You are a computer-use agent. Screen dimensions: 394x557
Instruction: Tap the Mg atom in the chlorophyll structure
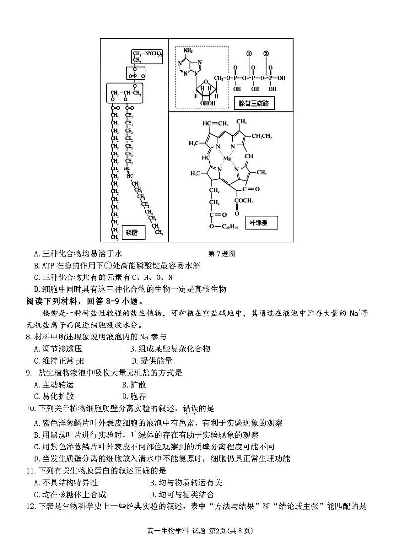click(228, 159)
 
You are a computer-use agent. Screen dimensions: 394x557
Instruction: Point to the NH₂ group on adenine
click(188, 51)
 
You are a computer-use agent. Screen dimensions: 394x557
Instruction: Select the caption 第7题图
click(222, 254)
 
